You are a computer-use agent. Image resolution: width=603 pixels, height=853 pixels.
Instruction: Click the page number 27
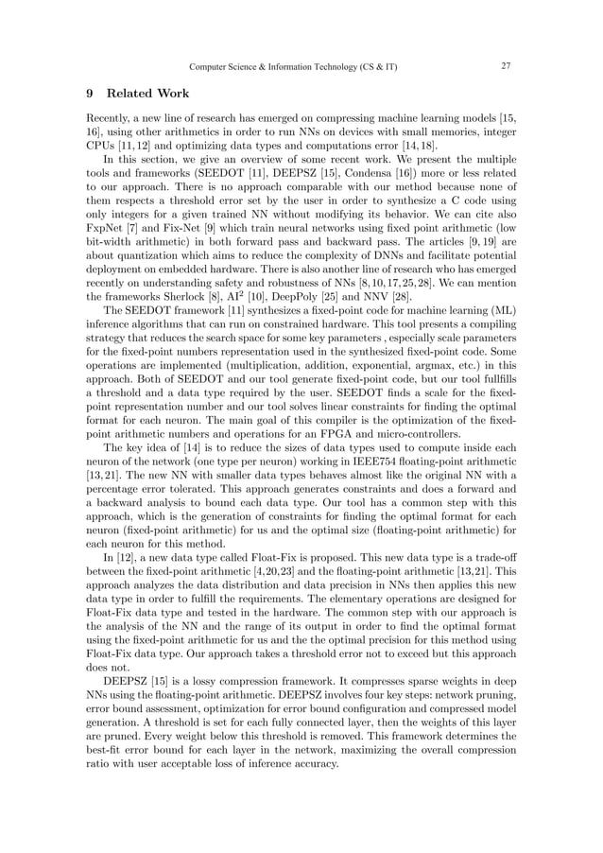click(x=506, y=67)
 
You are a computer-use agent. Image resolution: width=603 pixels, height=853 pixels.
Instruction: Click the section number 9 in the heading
click(x=89, y=94)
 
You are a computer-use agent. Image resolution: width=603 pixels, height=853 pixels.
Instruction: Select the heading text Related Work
click(x=148, y=94)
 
